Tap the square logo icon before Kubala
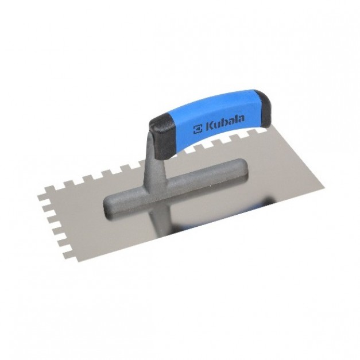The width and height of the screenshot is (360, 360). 198,129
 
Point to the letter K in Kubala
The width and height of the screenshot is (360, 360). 208,127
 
